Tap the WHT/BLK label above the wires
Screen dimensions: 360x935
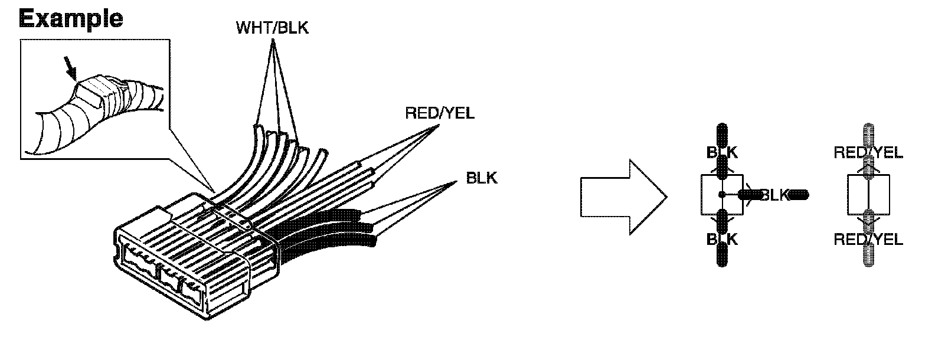point(272,28)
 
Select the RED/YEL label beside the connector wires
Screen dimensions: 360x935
point(439,113)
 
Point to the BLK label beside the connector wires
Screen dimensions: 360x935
point(482,177)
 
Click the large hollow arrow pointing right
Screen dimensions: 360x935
point(623,197)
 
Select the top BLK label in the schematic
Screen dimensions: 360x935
point(722,152)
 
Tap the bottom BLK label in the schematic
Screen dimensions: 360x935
point(722,239)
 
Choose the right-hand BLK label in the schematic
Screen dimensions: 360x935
point(774,195)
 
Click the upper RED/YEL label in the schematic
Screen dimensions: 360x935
point(868,153)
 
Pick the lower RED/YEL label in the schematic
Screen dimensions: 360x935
point(868,239)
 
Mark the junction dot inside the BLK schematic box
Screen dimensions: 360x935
point(722,195)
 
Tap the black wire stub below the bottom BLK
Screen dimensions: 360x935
point(722,257)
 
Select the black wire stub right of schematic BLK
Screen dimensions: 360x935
point(799,195)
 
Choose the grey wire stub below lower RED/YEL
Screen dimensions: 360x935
point(868,257)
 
